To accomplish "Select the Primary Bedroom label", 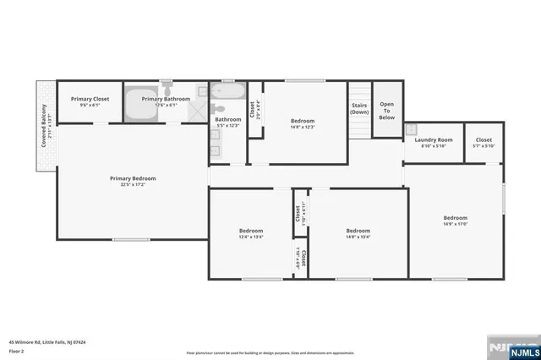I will (x=133, y=178).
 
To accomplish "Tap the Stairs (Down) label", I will (x=359, y=108).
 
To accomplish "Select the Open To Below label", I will (x=386, y=111).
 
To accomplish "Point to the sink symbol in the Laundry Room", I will (x=412, y=129).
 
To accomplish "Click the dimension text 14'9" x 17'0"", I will (x=456, y=224).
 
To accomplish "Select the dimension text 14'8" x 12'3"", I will (x=303, y=127).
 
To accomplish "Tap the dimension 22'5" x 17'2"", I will (x=133, y=184).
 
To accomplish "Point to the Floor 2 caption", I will (x=17, y=349).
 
